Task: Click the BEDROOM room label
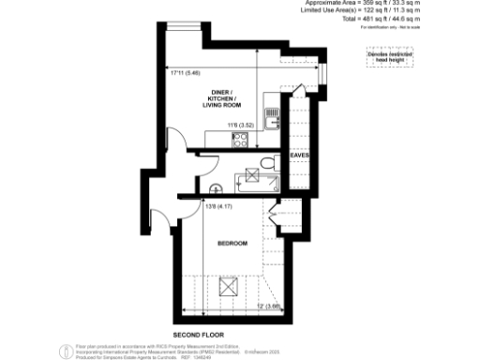(x=232, y=244)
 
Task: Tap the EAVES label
(x=299, y=155)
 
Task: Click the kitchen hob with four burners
(x=239, y=141)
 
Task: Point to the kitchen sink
(x=273, y=120)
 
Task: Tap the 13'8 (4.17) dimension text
(x=218, y=209)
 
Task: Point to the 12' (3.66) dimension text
(x=270, y=305)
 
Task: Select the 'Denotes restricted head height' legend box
(x=382, y=57)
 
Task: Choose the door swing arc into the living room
(x=167, y=141)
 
